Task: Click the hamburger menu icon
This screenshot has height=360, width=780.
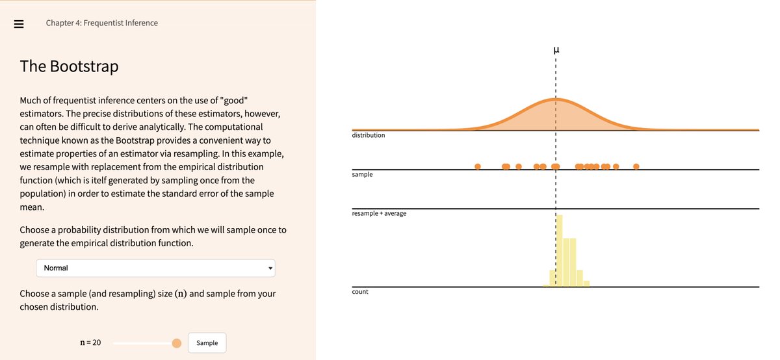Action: point(18,23)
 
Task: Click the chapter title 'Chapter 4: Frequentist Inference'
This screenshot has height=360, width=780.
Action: point(101,23)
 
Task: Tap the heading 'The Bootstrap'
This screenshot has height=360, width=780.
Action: point(69,66)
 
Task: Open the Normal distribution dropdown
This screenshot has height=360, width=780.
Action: point(155,268)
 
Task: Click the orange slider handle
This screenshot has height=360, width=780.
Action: point(177,343)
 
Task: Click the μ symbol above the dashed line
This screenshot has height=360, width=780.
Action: point(556,50)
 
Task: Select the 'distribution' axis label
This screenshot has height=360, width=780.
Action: point(369,135)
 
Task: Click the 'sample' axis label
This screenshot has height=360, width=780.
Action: point(362,174)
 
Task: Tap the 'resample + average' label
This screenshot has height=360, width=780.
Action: point(379,213)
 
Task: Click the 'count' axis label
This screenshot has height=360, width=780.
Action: point(360,292)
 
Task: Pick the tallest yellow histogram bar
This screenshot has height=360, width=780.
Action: point(559,251)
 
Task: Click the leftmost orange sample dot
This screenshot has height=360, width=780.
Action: point(478,166)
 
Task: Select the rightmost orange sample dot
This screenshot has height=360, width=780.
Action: point(636,166)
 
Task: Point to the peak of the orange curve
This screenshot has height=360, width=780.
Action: point(556,99)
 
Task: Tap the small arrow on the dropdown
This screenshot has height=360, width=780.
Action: point(270,268)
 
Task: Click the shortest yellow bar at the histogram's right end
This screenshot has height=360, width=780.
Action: point(586,283)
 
